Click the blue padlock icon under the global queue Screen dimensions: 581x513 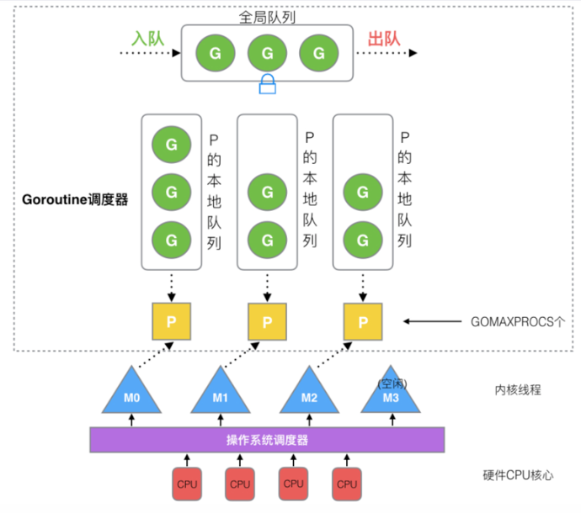coord(267,84)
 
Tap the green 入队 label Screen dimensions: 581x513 coord(148,39)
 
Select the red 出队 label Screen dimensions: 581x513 coord(384,39)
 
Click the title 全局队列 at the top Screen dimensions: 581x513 coord(267,17)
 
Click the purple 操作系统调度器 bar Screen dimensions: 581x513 coord(267,440)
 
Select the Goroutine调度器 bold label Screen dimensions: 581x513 coord(75,199)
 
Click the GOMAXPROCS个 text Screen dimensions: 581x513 coord(518,321)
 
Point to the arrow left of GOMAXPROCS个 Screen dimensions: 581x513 coord(433,321)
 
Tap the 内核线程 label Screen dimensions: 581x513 coord(518,389)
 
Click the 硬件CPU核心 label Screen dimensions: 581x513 coord(518,475)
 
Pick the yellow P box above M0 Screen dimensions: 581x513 coord(171,321)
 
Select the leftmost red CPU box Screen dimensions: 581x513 coord(187,484)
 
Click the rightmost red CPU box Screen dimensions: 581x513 coord(347,484)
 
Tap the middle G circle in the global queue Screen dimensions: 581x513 coord(267,53)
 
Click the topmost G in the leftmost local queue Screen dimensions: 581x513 coord(171,145)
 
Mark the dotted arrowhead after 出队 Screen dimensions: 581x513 coord(413,53)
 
